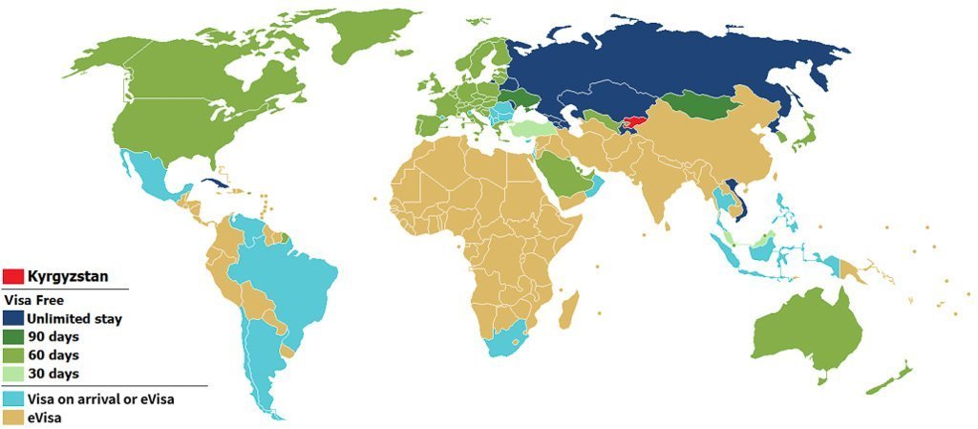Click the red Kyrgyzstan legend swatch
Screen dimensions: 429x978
tap(13, 276)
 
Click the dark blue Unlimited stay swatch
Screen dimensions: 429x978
tap(13, 317)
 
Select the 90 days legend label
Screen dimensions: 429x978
tap(53, 336)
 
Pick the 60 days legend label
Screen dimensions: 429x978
tap(53, 354)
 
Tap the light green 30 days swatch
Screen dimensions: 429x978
tap(13, 374)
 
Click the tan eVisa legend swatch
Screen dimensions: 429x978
tap(13, 417)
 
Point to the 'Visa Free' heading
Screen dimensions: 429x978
tap(32, 299)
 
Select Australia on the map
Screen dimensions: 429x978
tap(807, 330)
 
